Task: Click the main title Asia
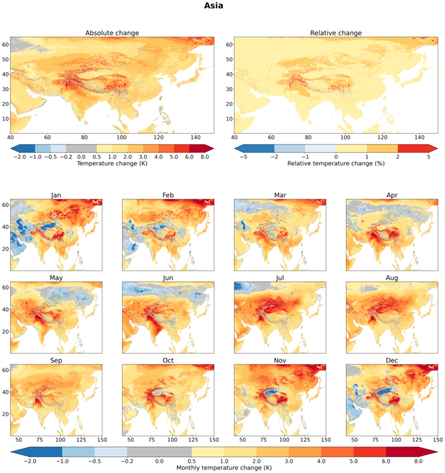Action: [214, 6]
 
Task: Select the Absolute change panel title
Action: [112, 33]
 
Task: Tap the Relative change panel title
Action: [336, 33]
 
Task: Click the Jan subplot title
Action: [56, 195]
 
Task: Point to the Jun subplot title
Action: [168, 278]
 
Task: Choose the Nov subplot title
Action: [280, 360]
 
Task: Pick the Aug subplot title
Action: [392, 278]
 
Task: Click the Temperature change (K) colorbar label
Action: [112, 163]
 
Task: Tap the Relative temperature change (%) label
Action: [336, 163]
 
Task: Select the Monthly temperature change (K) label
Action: [224, 468]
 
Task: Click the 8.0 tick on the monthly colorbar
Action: [418, 461]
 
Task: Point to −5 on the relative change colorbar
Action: [244, 157]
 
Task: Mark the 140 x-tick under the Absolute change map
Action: [195, 138]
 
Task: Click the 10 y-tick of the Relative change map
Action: [229, 119]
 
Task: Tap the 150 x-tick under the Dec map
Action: [438, 440]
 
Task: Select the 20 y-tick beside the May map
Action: [6, 331]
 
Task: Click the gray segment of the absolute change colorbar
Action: [81, 148]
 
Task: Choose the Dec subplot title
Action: [392, 360]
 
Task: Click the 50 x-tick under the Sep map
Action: [19, 440]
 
